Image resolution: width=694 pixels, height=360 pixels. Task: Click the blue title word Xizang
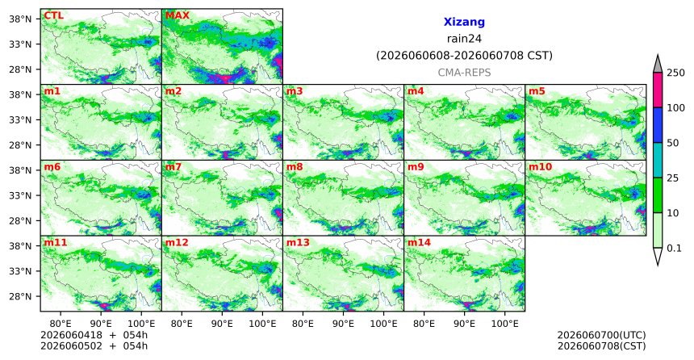[464, 22]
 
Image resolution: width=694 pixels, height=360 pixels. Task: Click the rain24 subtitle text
[464, 39]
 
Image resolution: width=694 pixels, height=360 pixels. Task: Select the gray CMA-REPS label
[464, 73]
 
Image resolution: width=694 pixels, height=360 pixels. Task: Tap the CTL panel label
[53, 16]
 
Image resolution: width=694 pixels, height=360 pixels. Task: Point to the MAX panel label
[177, 16]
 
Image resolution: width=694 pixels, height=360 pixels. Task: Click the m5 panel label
[537, 92]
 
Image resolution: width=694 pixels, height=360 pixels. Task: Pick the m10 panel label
[540, 167]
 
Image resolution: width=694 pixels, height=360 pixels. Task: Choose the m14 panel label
[418, 243]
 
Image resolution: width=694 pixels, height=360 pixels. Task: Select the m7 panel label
[173, 167]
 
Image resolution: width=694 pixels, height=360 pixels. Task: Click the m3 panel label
[295, 92]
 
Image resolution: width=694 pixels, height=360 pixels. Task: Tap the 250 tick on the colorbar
[676, 73]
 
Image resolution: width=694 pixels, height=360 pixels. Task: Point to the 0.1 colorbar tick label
[674, 248]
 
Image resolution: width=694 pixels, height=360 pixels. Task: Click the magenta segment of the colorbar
[658, 90]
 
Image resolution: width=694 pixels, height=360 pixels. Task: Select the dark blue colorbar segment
[658, 125]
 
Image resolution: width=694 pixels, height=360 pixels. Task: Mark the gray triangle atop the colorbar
[658, 64]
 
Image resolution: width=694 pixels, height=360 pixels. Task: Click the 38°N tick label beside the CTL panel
[20, 19]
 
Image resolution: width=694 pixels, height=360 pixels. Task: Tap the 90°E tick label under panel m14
[464, 324]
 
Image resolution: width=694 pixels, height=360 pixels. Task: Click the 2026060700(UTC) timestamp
[601, 335]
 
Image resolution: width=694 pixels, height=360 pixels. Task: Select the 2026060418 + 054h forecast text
[94, 335]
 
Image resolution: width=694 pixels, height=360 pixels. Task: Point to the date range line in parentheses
[464, 56]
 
